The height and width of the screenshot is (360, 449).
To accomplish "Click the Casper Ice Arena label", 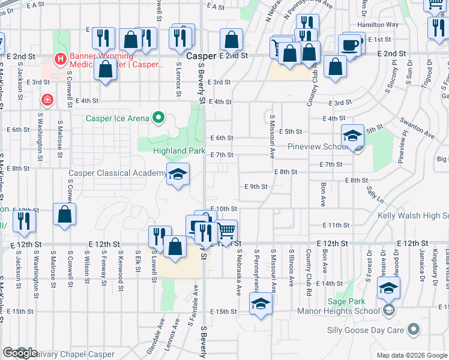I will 116,118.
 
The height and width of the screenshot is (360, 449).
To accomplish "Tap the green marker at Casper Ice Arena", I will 158,118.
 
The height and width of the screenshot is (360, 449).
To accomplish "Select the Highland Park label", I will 179,151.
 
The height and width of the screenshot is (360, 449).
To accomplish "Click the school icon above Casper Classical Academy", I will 178,175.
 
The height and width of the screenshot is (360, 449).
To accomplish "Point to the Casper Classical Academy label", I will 117,173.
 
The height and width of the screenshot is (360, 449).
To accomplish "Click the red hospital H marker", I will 60,59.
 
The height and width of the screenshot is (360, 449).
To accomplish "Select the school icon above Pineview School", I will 352,136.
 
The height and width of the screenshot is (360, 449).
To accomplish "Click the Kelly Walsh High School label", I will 414,215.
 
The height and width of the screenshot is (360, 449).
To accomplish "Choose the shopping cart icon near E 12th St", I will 226,231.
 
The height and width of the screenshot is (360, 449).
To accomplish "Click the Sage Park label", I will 343,302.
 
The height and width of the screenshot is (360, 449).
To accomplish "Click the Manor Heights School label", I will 338,311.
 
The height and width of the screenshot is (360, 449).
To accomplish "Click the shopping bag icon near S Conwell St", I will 64,215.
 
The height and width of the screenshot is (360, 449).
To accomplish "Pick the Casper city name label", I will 201,55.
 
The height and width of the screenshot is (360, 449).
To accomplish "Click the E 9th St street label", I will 255,187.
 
